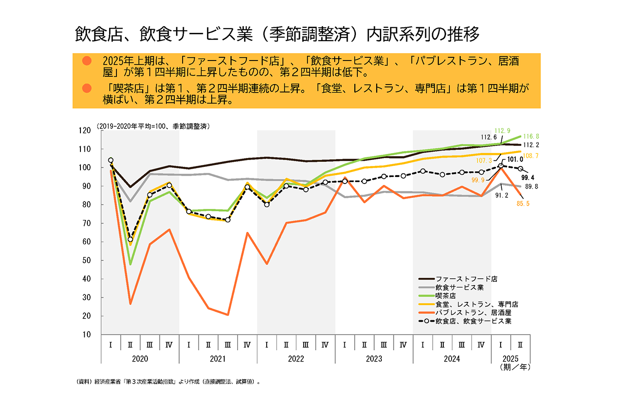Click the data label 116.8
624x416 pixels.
click(531, 136)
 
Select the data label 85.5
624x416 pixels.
click(523, 203)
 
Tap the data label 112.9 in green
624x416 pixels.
click(502, 131)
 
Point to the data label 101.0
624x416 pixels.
click(515, 159)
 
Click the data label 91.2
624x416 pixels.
click(502, 196)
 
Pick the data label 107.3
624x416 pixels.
click(484, 160)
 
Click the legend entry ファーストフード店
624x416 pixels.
click(466, 279)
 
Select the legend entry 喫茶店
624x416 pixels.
click(446, 295)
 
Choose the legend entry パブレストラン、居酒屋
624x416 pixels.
click(473, 312)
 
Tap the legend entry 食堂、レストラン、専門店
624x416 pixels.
click(477, 304)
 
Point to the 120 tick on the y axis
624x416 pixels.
click(85, 130)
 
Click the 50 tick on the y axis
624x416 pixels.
click(86, 260)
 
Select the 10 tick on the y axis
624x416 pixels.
click(86, 335)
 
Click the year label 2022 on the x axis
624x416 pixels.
click(296, 359)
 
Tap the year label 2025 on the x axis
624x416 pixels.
click(510, 359)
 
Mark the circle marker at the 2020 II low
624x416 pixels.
click(130, 239)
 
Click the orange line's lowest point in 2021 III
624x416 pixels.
click(228, 315)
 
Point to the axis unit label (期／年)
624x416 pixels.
click(515, 367)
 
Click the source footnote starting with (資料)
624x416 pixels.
click(168, 382)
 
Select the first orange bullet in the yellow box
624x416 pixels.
click(86, 61)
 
